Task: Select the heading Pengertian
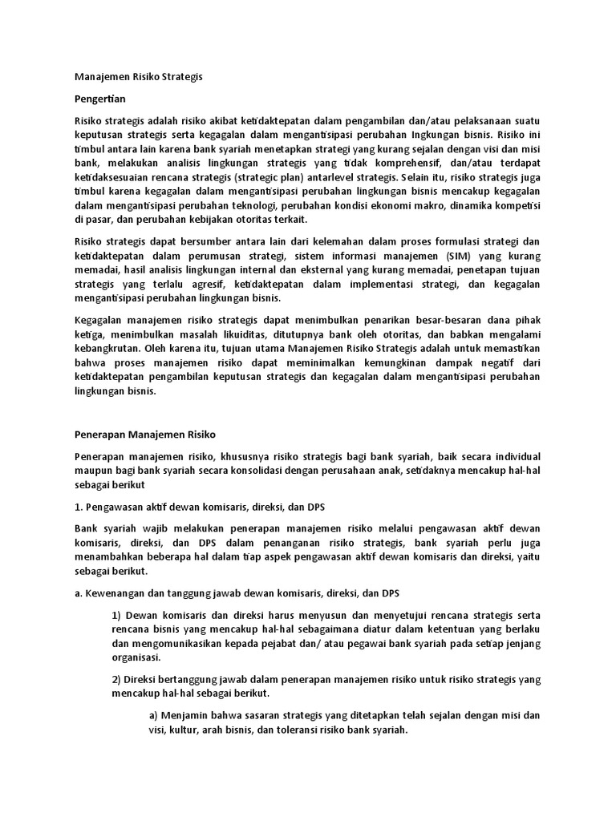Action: (100, 99)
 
